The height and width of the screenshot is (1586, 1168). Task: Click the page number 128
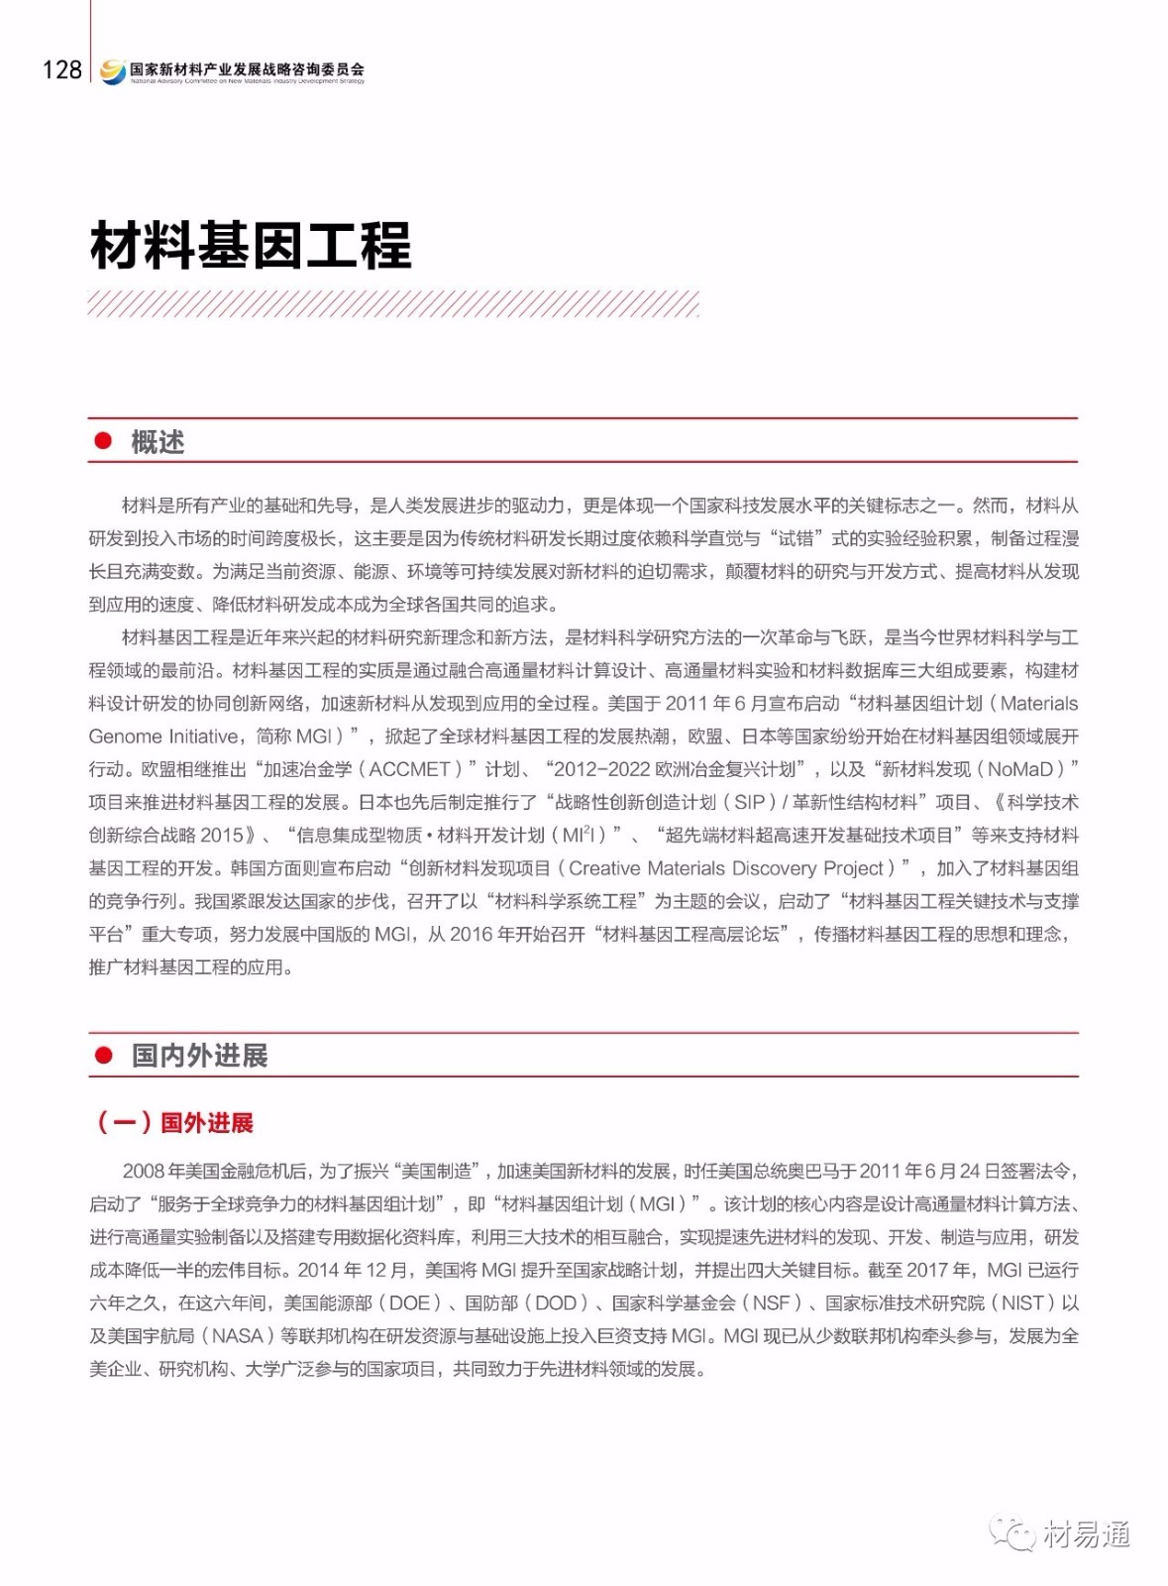(x=61, y=69)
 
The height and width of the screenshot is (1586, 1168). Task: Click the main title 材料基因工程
(x=251, y=246)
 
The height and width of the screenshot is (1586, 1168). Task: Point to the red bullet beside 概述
(x=102, y=441)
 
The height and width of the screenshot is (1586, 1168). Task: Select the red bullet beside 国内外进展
(x=103, y=1055)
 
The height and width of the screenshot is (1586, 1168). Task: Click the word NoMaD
(x=1019, y=769)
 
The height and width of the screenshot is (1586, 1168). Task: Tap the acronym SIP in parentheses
(x=750, y=802)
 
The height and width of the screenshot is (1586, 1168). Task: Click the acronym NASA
(x=238, y=1336)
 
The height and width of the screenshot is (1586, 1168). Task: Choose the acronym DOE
(x=409, y=1303)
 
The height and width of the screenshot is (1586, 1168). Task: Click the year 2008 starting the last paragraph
(x=144, y=1172)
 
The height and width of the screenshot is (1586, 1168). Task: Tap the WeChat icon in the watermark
(x=1011, y=1534)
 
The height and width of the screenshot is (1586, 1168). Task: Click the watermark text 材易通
(x=1087, y=1535)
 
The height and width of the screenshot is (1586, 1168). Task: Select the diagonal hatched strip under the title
(x=393, y=303)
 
